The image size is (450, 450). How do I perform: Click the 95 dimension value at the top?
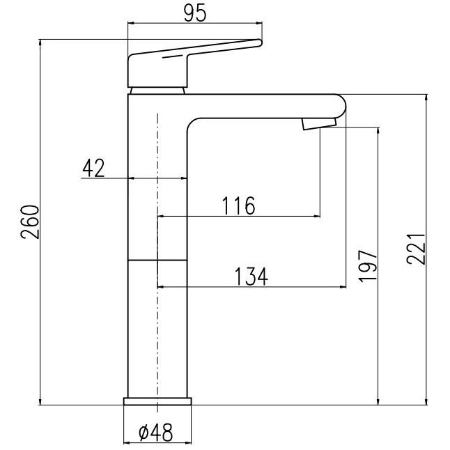coord(195,13)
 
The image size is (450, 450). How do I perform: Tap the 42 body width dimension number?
coord(93,168)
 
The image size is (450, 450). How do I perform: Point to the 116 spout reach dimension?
coord(239,205)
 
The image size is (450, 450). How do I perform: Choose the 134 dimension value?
coord(251,277)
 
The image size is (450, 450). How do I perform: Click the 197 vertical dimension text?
coord(368,266)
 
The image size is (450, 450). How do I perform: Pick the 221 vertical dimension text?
coord(416,249)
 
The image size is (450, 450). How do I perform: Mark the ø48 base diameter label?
coord(156,433)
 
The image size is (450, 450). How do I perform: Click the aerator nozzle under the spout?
coord(319,124)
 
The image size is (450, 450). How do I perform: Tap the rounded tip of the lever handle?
coord(259,42)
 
